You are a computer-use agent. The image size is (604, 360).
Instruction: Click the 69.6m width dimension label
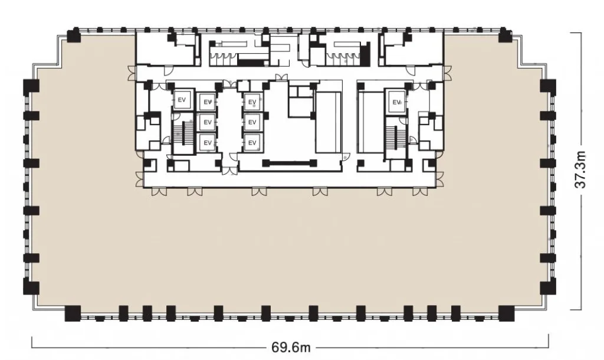291,347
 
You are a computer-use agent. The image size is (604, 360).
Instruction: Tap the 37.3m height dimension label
580,169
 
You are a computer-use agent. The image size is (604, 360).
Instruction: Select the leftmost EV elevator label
182,100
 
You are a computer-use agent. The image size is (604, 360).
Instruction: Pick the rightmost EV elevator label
396,102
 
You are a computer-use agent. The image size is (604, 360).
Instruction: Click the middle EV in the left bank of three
208,122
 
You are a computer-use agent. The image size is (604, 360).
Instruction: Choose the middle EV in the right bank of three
252,122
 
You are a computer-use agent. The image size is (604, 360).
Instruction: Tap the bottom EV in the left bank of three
208,143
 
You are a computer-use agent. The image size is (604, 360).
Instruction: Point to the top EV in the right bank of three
252,102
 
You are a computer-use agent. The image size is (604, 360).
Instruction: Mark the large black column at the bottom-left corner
73,313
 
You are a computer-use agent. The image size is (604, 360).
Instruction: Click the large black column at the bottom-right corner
507,313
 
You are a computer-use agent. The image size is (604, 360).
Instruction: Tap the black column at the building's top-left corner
73,36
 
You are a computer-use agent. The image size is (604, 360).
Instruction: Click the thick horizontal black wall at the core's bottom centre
290,163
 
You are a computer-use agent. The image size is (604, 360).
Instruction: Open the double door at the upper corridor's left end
132,73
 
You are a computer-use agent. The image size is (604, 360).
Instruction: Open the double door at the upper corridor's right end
447,73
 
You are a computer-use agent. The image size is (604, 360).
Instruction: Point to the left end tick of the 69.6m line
32,342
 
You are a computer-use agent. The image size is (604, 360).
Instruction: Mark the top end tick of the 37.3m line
576,33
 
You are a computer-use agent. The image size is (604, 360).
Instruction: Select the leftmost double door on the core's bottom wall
159,191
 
